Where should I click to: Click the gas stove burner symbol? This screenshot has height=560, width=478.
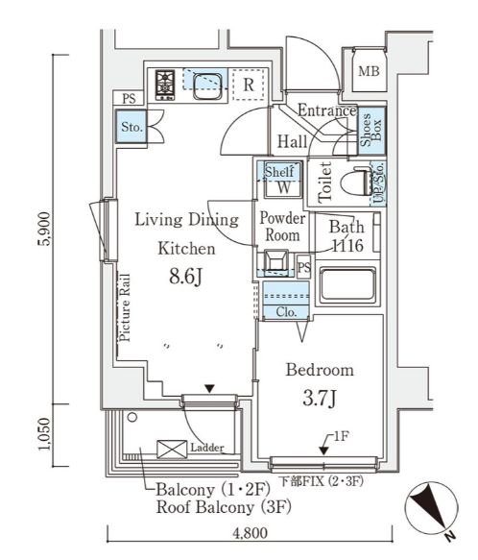[x=165, y=85]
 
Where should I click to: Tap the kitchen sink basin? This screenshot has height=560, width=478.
[x=207, y=86]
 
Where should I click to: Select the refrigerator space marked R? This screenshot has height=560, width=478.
[x=249, y=85]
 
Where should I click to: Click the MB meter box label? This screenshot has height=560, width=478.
[x=369, y=71]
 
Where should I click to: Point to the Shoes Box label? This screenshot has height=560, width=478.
[x=371, y=130]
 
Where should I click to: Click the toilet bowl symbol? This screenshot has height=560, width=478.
[x=357, y=183]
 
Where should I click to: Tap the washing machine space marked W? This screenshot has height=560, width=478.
[x=283, y=186]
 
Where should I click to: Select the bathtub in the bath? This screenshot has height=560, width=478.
[x=347, y=285]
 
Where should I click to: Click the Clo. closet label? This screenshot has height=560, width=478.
[x=286, y=312]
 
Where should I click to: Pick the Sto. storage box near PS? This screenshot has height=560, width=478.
[x=131, y=127]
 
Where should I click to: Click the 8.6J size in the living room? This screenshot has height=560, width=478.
[x=186, y=276]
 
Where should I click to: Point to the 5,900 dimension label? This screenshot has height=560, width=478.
[x=45, y=229]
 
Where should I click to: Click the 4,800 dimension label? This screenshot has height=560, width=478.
[x=250, y=533]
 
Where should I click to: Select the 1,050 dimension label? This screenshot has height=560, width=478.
[x=45, y=434]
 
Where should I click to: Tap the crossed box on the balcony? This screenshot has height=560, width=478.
[x=172, y=450]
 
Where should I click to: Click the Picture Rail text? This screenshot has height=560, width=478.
[x=125, y=308]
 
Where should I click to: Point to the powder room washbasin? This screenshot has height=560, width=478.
[x=275, y=260]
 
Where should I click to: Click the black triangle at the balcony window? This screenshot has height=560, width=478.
[x=209, y=389]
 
